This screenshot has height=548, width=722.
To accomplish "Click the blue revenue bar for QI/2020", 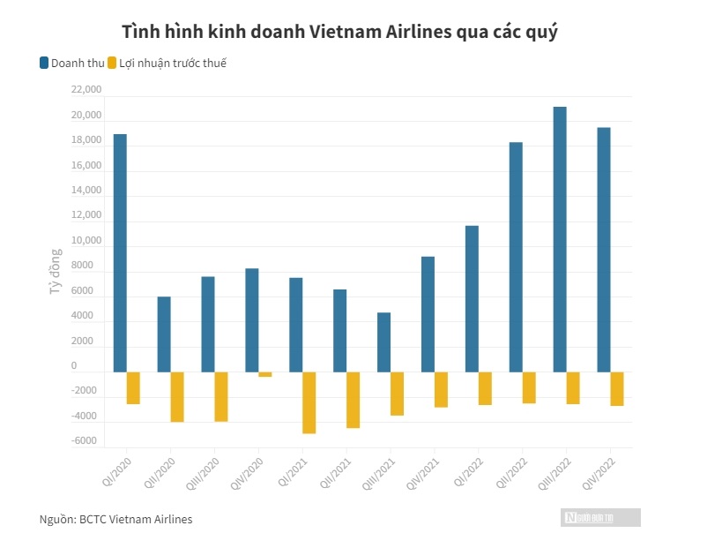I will coord(120,252).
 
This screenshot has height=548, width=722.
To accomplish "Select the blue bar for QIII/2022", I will coord(560,239).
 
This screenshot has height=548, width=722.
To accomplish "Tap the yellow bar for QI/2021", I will coord(309,402).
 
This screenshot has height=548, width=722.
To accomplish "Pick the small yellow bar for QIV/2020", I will coord(265,374).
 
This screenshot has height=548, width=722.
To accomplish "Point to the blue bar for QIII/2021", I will coord(383,342).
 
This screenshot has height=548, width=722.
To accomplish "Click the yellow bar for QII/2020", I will coord(177,397).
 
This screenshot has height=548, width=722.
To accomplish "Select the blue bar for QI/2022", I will coord(472,298).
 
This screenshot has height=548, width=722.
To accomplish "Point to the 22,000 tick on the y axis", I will coord(86,90).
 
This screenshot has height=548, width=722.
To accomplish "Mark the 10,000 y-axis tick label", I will coord(86,241).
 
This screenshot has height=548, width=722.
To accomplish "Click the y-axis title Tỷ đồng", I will coord(56,271).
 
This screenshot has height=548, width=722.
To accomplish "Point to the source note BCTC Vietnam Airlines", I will coord(136,519).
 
